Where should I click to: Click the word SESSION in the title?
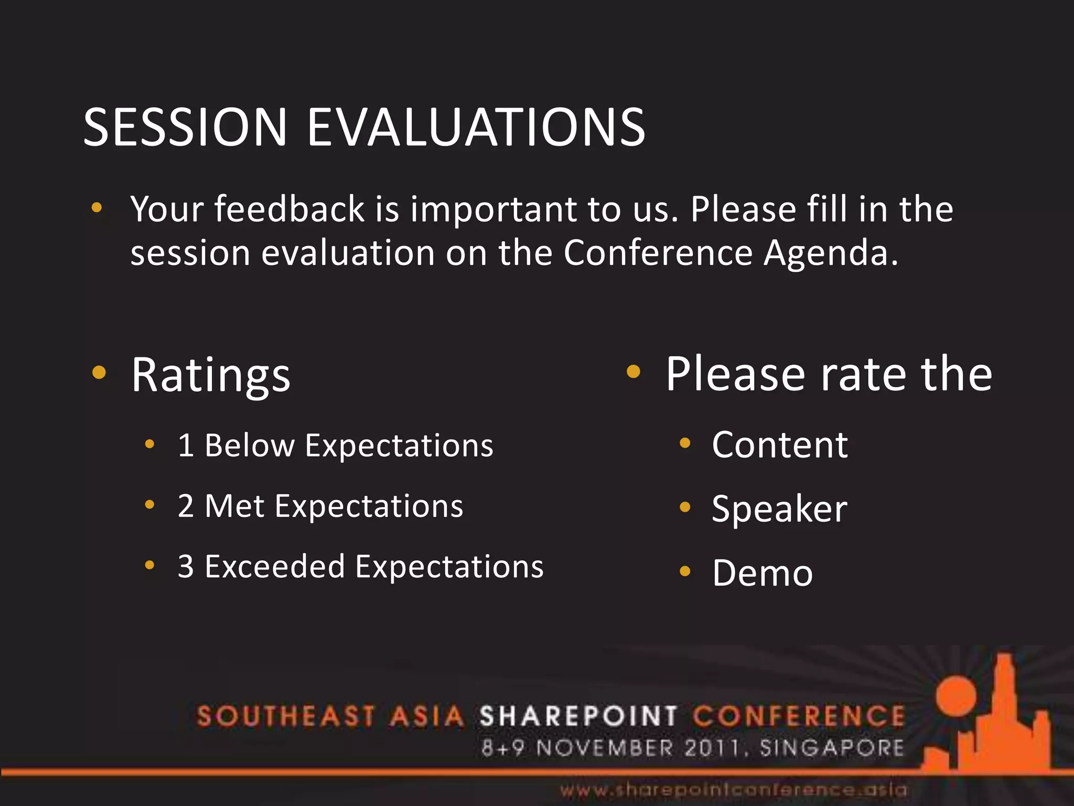[x=185, y=127]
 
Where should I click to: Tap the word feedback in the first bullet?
[x=289, y=209]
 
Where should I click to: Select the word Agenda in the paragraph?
[x=830, y=253]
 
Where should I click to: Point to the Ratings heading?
[x=210, y=375]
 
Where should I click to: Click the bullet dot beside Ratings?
[x=99, y=373]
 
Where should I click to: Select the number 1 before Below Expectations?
[x=186, y=446]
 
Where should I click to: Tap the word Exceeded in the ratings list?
[x=274, y=567]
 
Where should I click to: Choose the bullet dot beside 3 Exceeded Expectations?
[x=149, y=565]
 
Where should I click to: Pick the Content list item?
[x=779, y=445]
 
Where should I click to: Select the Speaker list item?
[x=779, y=509]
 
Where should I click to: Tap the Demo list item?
[x=762, y=573]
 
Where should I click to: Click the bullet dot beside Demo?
[x=684, y=571]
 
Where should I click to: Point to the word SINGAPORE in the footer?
[x=832, y=748]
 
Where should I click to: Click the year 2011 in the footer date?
[x=712, y=748]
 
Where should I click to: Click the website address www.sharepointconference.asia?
[x=733, y=790]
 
